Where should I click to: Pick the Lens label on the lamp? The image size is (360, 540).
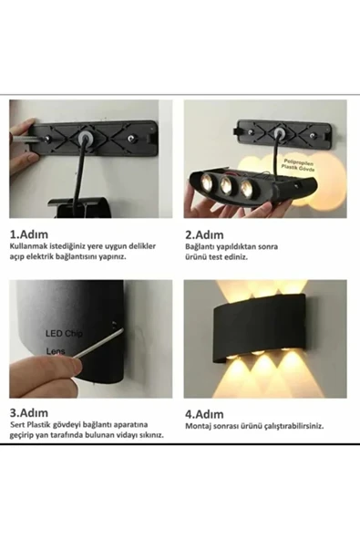pyautogui.click(x=56, y=349)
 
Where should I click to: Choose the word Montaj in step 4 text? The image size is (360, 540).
pyautogui.click(x=198, y=425)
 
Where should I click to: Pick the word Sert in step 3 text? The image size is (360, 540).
pyautogui.click(x=17, y=425)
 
